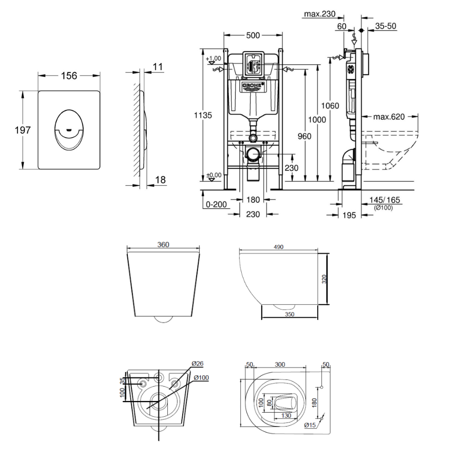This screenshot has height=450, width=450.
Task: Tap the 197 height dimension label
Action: pos(22,130)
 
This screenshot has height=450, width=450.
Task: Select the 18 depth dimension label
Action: pos(160,180)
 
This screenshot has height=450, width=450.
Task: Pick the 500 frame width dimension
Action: pos(253,36)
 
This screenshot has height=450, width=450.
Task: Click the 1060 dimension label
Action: pos(330,106)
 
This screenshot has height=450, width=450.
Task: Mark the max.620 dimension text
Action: pos(389,117)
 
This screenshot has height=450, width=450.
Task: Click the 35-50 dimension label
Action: pos(385,26)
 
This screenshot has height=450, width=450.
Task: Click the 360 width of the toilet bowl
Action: pos(163,245)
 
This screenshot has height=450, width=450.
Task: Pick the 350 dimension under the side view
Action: pos(289,315)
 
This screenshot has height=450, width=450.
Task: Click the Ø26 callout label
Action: pos(197,364)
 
